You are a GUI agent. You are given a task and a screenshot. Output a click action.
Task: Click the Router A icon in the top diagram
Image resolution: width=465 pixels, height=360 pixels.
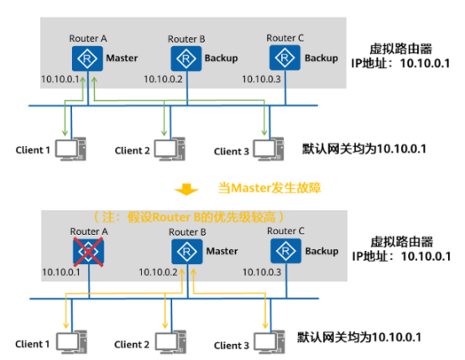[87, 59]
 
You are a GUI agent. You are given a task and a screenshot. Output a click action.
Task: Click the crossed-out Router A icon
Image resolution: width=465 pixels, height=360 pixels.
[88, 252]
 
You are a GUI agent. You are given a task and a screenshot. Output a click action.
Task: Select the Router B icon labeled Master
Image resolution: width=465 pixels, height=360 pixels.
[187, 252]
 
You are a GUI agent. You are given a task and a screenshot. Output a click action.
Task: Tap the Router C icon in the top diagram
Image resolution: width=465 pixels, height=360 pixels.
[285, 58]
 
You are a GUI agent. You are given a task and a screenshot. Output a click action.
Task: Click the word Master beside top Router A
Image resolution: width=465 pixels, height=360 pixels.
[122, 58]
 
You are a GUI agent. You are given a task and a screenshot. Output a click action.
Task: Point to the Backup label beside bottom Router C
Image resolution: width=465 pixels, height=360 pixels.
[321, 252]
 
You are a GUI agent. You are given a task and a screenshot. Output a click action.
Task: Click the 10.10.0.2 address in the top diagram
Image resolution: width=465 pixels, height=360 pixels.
[163, 79]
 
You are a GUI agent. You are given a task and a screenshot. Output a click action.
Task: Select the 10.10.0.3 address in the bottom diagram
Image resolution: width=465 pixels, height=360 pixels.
[262, 272]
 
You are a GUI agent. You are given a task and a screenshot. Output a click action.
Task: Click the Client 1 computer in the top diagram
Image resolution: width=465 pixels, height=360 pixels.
[71, 149]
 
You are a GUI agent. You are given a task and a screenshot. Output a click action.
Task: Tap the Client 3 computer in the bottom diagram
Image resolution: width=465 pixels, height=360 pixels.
[269, 342]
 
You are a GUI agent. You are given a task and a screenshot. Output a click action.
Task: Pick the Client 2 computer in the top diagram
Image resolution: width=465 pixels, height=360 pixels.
[170, 149]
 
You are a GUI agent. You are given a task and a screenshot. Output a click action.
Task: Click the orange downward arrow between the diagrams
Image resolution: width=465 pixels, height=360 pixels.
[186, 189]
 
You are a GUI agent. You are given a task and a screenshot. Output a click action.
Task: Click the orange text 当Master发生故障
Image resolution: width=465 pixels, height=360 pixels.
[269, 188]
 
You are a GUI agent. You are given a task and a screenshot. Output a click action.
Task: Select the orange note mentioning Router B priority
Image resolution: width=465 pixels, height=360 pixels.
[189, 217]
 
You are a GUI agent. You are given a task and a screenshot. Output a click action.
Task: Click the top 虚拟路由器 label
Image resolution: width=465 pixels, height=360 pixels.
[400, 49]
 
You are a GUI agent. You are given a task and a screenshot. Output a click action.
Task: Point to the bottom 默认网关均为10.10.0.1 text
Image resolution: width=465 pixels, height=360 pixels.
[359, 337]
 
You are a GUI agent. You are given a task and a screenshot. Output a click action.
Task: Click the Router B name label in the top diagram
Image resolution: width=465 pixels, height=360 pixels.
[186, 39]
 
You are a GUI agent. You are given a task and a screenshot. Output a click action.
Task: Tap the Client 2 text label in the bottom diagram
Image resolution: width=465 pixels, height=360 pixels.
[132, 345]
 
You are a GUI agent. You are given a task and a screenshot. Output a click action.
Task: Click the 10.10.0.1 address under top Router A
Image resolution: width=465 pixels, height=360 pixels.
[60, 79]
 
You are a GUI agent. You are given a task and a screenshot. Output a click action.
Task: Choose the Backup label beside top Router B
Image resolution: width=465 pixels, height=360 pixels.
[222, 59]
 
